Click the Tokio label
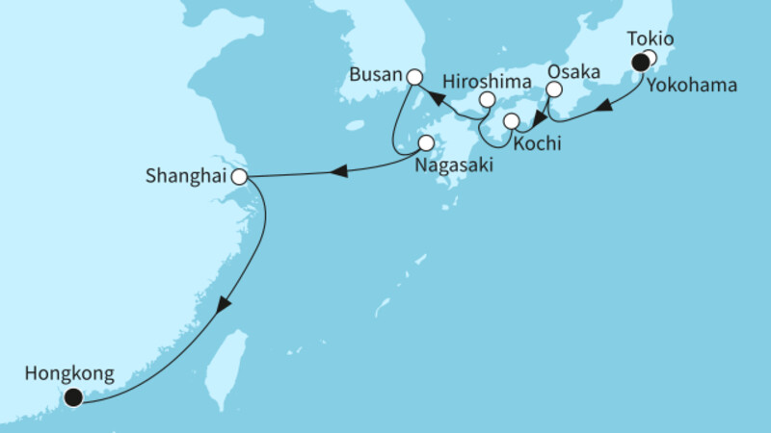pos(650,39)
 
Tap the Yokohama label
pos(692,86)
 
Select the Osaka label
pos(573,72)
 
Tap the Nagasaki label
pos(450,166)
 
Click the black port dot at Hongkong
pos(72,395)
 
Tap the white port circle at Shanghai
pos(240,177)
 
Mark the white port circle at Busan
pos(414,77)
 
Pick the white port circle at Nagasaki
pos(426,144)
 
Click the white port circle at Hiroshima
pos(488,100)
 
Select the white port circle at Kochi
pos(511,121)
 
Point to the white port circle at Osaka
pos(553,89)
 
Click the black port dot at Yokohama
pos(640,64)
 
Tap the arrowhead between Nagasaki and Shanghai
pos(339,172)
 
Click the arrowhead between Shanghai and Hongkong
pos(225,305)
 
